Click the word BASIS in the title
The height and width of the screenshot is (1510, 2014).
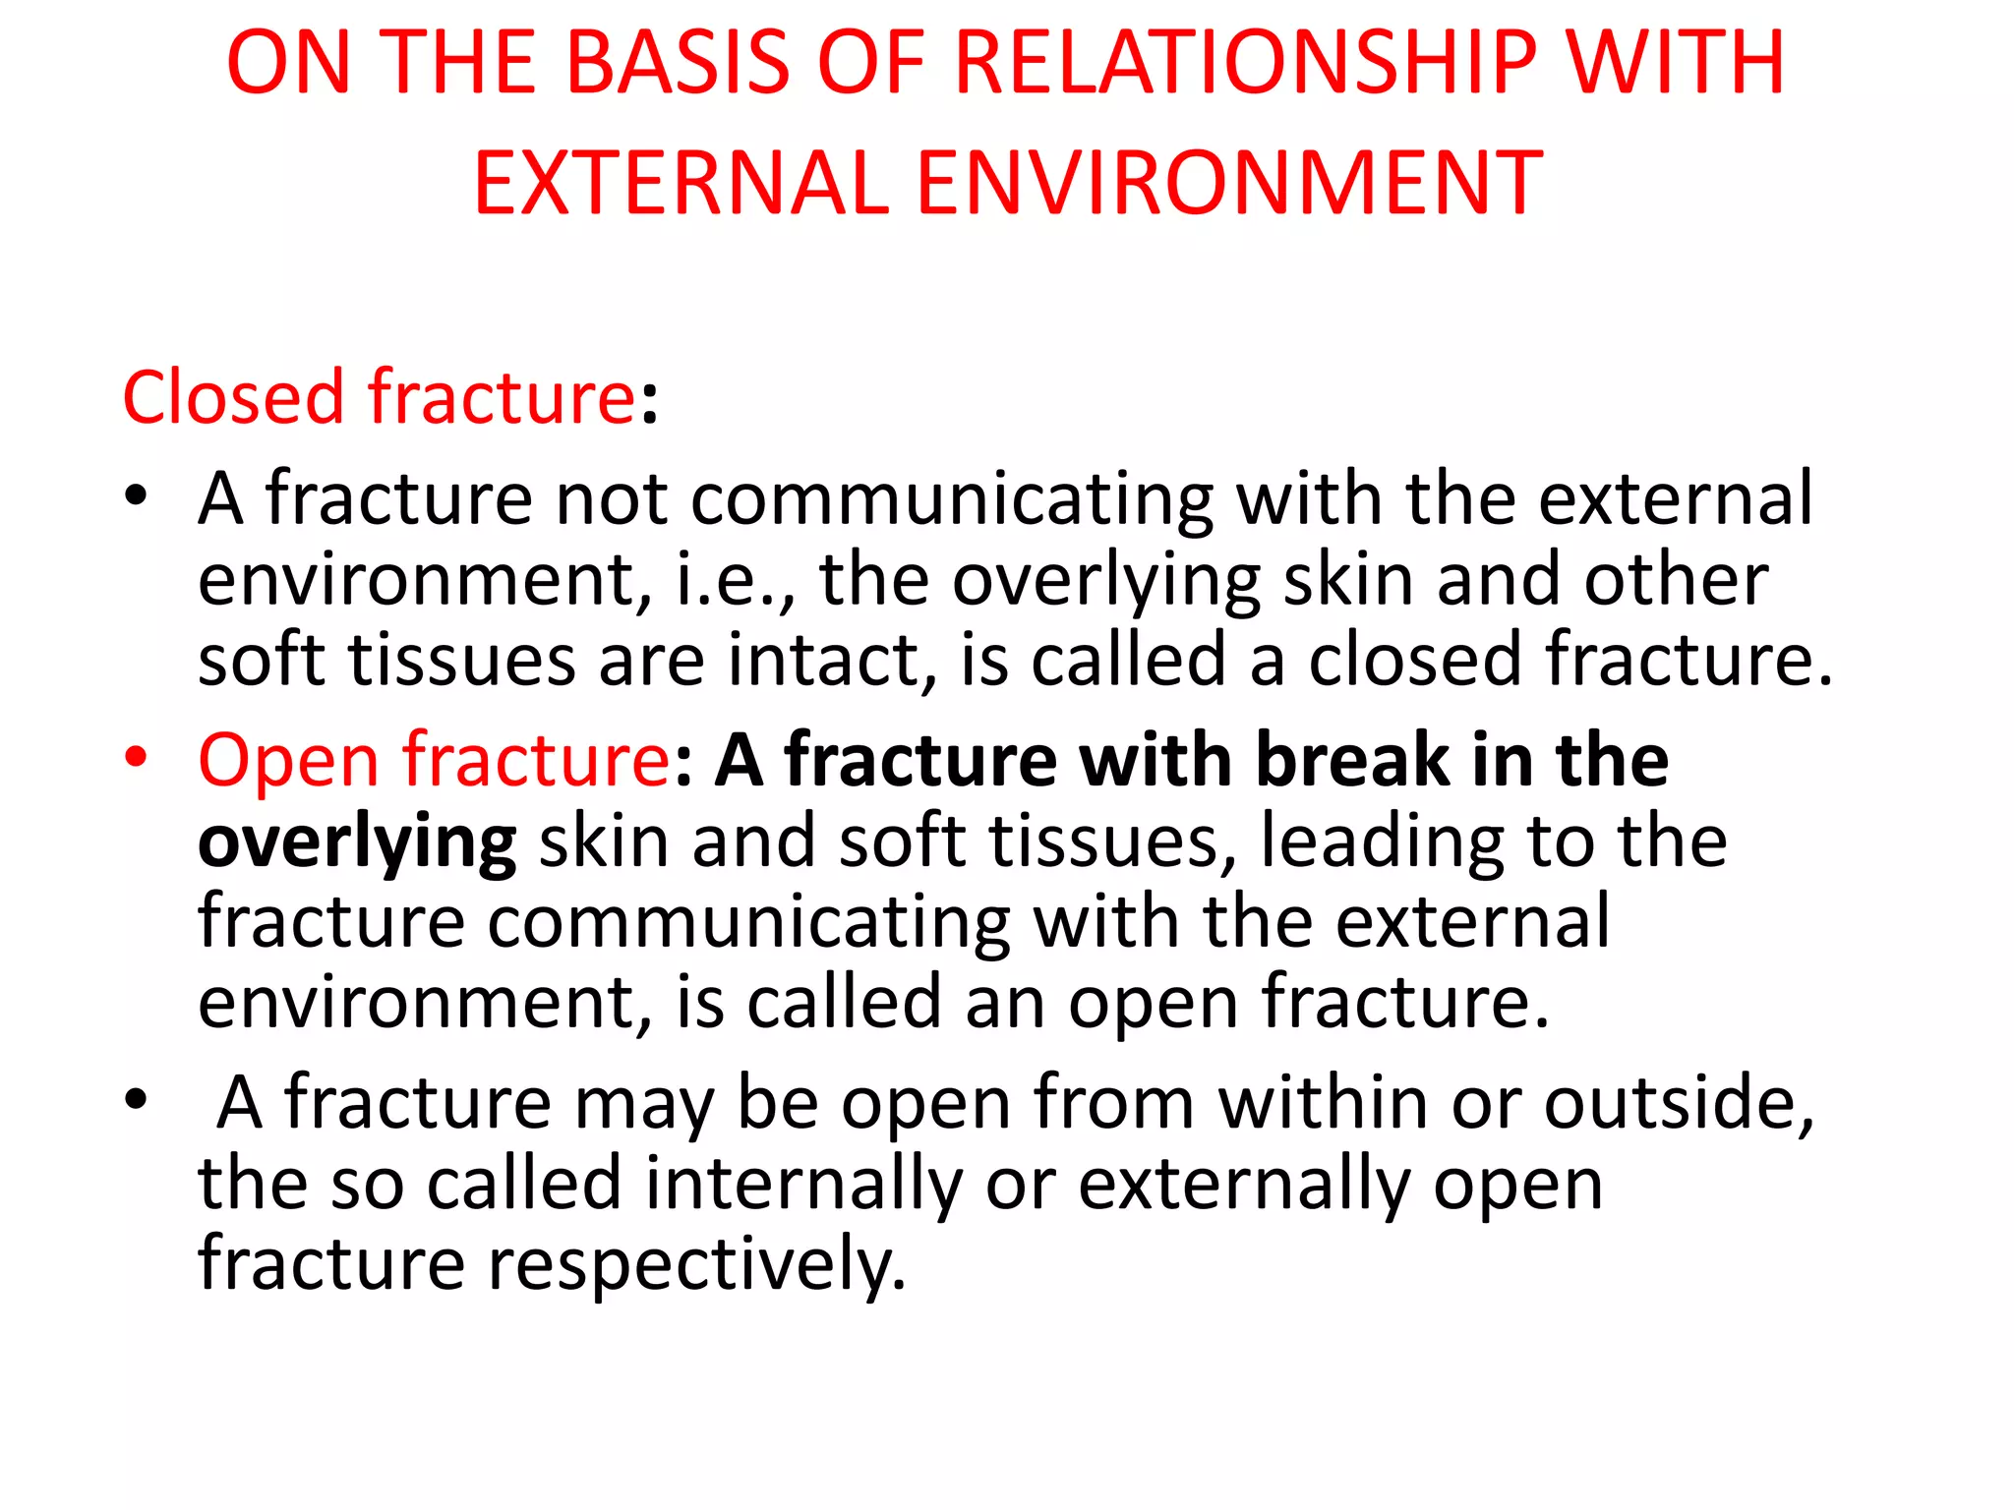pyautogui.click(x=678, y=63)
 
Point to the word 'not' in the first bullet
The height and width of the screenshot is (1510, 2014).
pyautogui.click(x=612, y=499)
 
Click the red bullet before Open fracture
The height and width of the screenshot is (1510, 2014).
pyautogui.click(x=136, y=759)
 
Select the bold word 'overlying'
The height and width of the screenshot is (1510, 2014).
pyautogui.click(x=357, y=843)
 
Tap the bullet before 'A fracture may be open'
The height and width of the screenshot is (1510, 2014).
pyautogui.click(x=136, y=1101)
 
